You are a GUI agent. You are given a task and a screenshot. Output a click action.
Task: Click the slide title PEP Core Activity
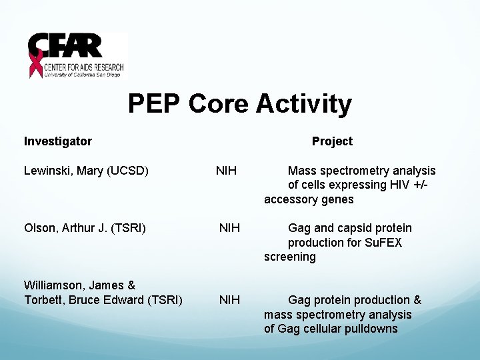click(239, 104)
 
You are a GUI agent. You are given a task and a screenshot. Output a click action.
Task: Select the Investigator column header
click(58, 141)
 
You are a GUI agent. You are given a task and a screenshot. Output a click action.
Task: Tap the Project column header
click(332, 141)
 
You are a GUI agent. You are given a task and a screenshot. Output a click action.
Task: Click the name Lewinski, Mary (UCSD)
click(86, 171)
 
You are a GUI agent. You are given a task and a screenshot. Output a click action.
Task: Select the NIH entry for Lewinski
click(226, 171)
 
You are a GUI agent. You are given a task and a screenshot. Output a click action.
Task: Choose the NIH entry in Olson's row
click(230, 228)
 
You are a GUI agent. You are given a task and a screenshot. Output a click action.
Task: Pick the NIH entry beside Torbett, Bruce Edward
click(230, 300)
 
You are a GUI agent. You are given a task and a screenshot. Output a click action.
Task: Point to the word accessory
click(290, 199)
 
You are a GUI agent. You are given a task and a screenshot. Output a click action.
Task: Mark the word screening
click(290, 257)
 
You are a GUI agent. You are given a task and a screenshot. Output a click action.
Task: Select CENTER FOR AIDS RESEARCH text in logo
click(83, 67)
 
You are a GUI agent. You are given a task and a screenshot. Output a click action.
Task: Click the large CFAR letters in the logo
click(67, 47)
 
